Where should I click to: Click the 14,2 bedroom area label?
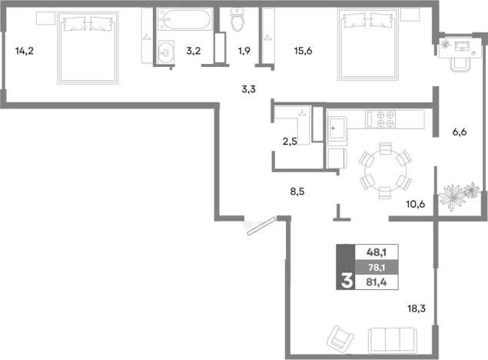click(x=25, y=51)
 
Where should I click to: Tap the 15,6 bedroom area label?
click(x=303, y=51)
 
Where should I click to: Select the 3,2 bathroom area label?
click(x=193, y=51)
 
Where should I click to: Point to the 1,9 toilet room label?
click(x=244, y=51)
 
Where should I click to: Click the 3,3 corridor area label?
click(x=248, y=89)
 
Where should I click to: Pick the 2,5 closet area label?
click(x=290, y=142)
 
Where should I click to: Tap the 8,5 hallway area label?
click(x=297, y=192)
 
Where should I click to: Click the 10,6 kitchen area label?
click(x=416, y=205)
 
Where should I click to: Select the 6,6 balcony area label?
click(x=460, y=132)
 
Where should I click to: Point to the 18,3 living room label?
click(x=417, y=308)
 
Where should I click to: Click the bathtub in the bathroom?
click(x=185, y=19)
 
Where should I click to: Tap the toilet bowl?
click(x=237, y=19)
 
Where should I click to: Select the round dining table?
click(x=385, y=170)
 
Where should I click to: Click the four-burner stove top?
click(x=386, y=119)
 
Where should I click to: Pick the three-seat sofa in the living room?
click(x=392, y=340)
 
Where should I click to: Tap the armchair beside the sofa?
click(x=340, y=338)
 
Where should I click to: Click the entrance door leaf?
click(x=261, y=226)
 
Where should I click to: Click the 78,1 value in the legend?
click(x=377, y=267)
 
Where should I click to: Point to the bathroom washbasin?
click(x=165, y=52)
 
